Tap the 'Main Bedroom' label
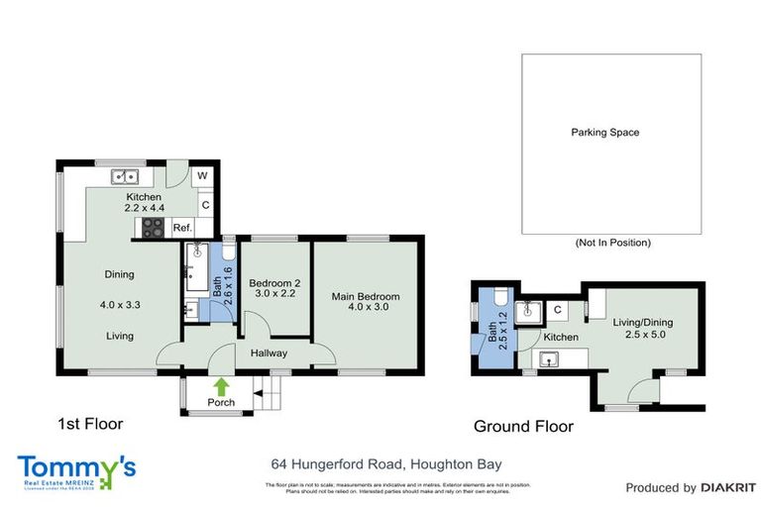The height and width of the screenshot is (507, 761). [366, 297]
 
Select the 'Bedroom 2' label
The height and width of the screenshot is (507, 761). [273, 282]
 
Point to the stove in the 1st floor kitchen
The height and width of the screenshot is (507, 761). [154, 228]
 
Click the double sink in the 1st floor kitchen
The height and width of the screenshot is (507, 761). [126, 177]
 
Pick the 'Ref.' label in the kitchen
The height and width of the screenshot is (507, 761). [182, 228]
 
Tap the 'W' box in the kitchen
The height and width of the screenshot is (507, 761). [203, 176]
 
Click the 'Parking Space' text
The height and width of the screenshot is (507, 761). [604, 132]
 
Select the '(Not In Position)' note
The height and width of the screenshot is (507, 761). [612, 243]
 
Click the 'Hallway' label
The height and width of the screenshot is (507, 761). [268, 353]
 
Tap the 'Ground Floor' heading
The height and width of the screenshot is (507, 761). [523, 428]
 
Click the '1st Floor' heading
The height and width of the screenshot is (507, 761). [89, 424]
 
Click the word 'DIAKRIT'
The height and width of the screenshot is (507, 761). [728, 487]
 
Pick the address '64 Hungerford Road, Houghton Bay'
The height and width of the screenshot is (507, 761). [387, 464]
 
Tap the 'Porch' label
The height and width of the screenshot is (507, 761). [220, 402]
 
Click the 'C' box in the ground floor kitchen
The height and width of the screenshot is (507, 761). [558, 310]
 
